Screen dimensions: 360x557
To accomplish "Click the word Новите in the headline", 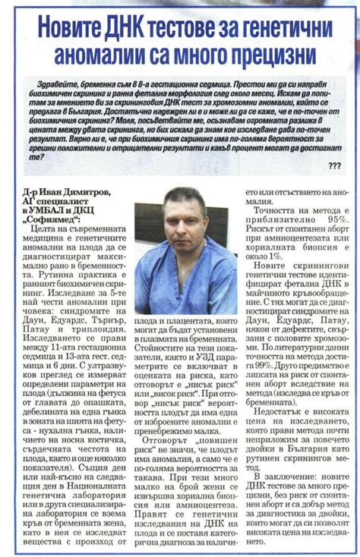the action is pos(73,29).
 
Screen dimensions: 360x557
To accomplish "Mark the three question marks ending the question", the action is pos(335,165).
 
